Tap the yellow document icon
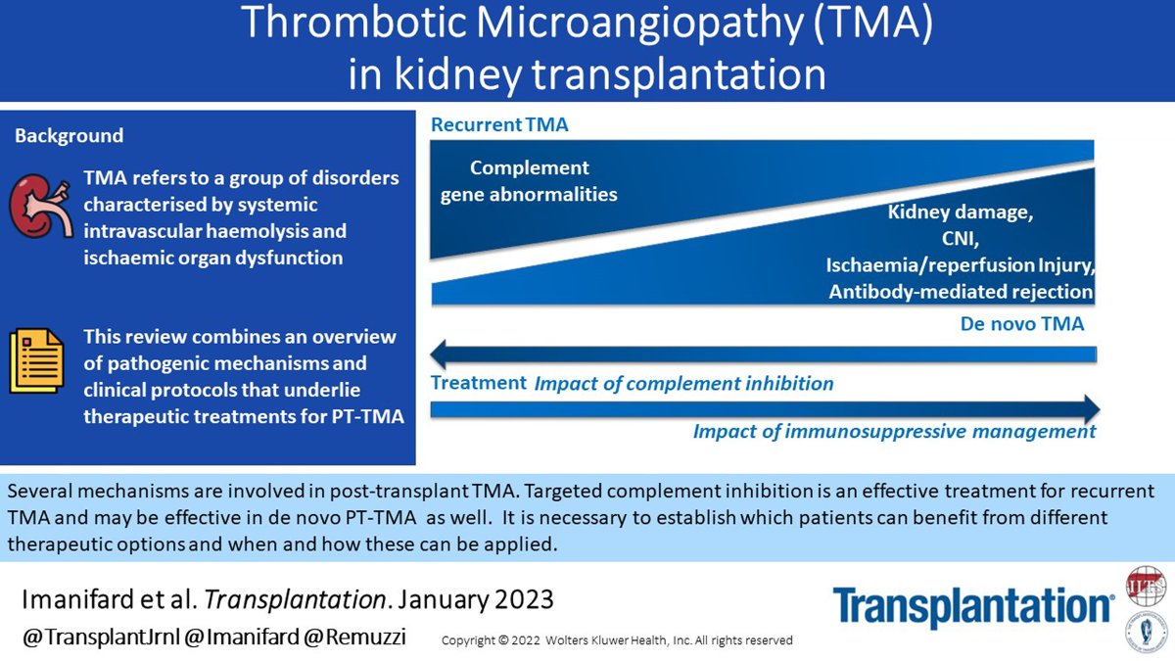(x=35, y=360)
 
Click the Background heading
(x=69, y=136)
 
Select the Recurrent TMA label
(x=499, y=125)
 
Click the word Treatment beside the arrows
(x=478, y=383)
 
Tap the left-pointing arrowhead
(x=445, y=354)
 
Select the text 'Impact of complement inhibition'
(x=683, y=384)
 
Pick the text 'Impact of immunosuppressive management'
(x=894, y=432)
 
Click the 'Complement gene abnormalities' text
(x=529, y=181)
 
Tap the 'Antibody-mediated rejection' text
(x=961, y=292)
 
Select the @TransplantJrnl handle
(x=95, y=638)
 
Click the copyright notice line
(x=617, y=640)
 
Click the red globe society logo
(x=1145, y=584)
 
